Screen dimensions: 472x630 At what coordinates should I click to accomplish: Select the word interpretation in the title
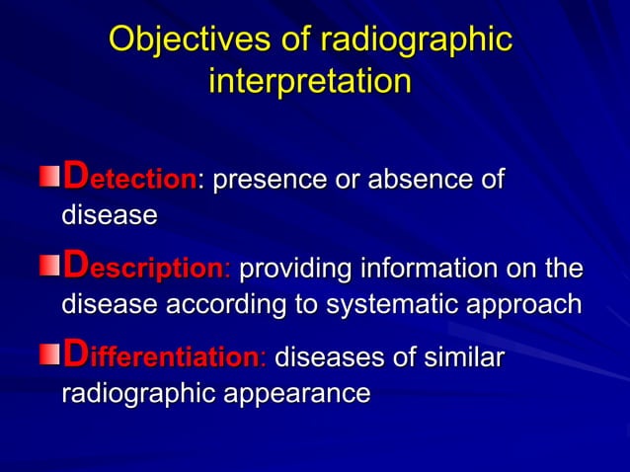click(309, 82)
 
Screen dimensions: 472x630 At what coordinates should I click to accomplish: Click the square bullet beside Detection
click(49, 179)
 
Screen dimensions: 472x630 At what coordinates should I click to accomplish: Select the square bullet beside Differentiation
click(49, 355)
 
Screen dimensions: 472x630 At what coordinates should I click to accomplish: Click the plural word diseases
click(326, 356)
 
